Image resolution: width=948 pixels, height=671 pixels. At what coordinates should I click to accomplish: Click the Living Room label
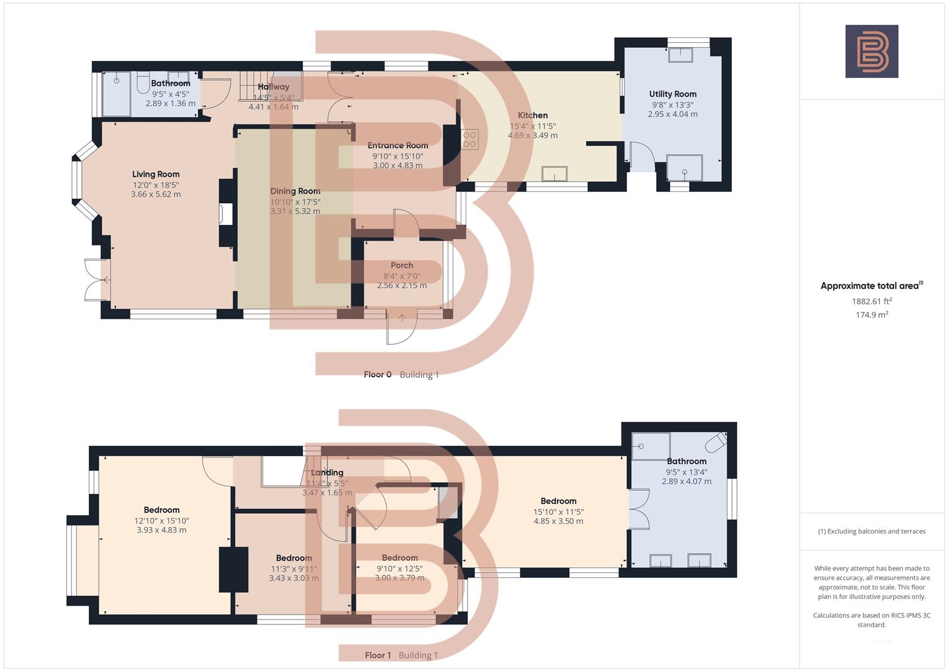tap(155, 175)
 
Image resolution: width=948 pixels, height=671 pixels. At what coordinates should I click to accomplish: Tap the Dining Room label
tap(295, 191)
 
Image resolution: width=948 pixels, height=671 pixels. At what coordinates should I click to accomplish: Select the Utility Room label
tap(672, 94)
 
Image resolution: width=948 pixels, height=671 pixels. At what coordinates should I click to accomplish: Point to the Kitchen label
tap(533, 116)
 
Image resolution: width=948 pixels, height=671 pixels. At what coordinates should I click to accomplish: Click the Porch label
tap(402, 265)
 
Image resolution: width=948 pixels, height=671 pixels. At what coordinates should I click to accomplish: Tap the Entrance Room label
tap(397, 146)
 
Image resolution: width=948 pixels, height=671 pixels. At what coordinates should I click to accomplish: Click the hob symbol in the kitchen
tap(469, 139)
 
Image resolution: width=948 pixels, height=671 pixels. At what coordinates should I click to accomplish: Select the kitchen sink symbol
tap(554, 173)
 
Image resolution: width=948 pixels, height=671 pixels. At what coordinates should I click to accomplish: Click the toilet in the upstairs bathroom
tap(716, 442)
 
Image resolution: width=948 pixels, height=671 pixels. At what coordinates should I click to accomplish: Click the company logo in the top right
tap(872, 52)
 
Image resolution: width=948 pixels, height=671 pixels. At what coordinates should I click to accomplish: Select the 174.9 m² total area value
tap(872, 315)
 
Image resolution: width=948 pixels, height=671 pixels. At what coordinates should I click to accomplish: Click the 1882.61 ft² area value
tap(872, 301)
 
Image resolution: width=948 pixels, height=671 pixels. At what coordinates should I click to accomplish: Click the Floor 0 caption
tap(377, 375)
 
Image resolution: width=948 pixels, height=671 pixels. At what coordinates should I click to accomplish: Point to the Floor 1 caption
tap(377, 655)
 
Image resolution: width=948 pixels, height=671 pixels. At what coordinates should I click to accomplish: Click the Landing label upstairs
tap(327, 473)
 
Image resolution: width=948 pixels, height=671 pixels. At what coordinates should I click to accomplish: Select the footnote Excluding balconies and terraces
tap(872, 531)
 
